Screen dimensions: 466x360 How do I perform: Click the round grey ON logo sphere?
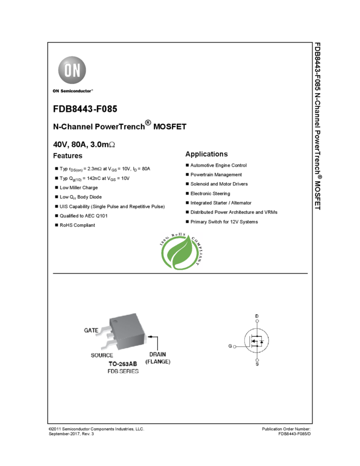tap(73, 70)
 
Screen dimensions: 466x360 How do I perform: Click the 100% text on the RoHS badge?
tap(165, 241)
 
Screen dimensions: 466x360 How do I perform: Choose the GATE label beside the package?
tap(92, 331)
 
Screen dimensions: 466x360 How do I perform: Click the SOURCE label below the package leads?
tap(102, 355)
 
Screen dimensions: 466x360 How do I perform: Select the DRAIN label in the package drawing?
tap(157, 354)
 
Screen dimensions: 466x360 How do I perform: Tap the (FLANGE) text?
tap(157, 362)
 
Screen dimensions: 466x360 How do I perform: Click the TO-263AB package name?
tap(123, 363)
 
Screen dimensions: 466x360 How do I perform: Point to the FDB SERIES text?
tap(123, 371)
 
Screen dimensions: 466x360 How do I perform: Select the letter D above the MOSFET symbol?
tap(257, 316)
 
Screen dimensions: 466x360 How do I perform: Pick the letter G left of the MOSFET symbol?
tap(230, 346)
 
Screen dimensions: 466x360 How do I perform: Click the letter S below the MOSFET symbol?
tap(257, 365)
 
